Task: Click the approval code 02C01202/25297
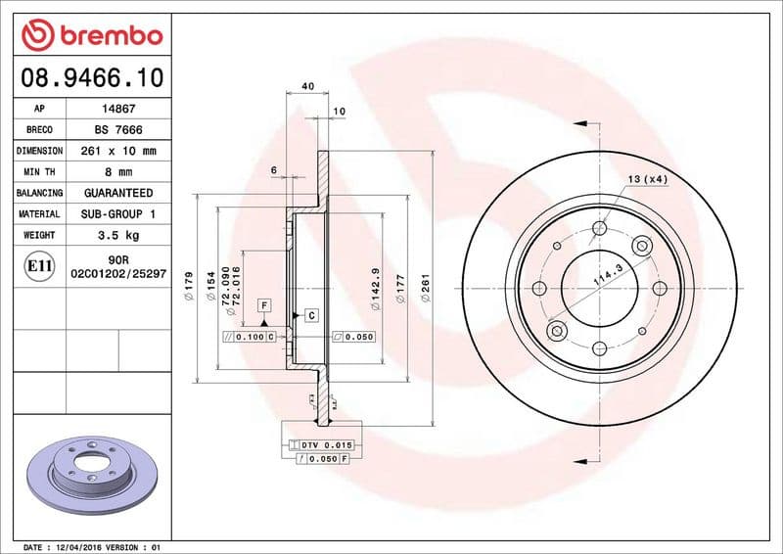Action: [117, 275]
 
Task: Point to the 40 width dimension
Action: [307, 86]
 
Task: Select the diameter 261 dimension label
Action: [426, 288]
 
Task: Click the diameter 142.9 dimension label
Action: [376, 288]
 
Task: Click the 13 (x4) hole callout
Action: [648, 179]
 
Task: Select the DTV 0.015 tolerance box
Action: [322, 445]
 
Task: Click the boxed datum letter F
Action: [264, 306]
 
